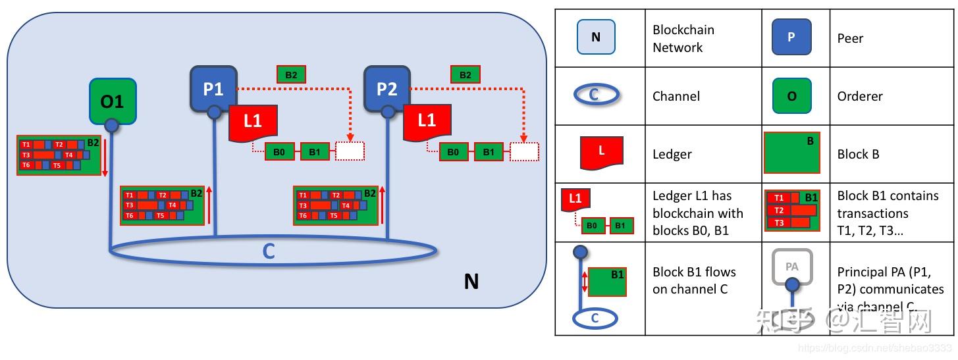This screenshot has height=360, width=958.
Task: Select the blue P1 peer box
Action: tap(213, 88)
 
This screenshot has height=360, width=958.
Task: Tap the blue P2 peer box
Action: tap(387, 88)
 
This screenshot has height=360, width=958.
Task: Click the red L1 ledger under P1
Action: tap(252, 122)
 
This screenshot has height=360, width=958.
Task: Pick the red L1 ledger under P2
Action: tap(427, 122)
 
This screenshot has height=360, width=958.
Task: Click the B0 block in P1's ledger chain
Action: tap(279, 151)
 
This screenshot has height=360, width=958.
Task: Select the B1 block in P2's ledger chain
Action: tap(489, 151)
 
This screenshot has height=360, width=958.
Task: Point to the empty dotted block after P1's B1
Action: tap(350, 151)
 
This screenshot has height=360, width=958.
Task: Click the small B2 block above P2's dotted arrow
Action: tap(466, 74)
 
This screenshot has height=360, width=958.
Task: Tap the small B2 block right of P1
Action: tap(291, 74)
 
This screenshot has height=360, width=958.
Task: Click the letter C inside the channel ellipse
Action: tap(269, 251)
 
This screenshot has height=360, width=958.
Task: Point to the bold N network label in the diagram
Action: tap(471, 282)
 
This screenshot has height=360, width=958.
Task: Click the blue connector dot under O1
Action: tap(112, 125)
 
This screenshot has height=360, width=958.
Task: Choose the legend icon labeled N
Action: tap(596, 37)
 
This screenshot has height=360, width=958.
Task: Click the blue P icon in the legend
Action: tap(791, 37)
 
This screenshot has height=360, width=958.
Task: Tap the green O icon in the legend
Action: tap(791, 95)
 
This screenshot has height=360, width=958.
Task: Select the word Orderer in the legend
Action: tap(860, 96)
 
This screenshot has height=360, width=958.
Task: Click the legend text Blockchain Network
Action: tap(683, 38)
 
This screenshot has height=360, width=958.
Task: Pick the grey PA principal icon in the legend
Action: tap(792, 269)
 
